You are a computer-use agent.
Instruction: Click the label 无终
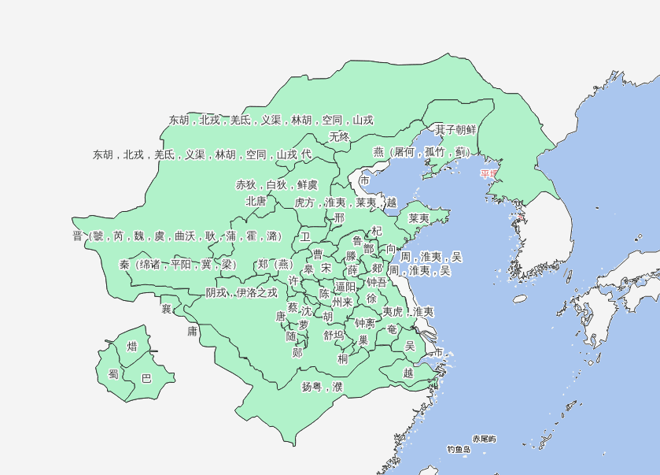click(339, 136)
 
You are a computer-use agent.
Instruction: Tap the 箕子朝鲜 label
click(455, 129)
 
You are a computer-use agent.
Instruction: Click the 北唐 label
click(256, 201)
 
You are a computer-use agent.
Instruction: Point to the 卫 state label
click(305, 236)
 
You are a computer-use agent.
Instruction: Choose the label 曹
click(318, 254)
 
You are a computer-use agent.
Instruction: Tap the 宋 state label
click(326, 269)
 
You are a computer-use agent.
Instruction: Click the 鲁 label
click(357, 240)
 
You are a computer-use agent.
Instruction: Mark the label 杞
click(377, 231)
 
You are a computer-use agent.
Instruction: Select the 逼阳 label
click(345, 287)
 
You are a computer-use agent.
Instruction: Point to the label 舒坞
click(334, 335)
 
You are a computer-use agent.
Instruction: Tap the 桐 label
click(343, 359)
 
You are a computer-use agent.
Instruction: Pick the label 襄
click(166, 308)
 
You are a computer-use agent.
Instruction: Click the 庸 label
click(192, 332)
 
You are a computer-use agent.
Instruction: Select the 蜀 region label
click(113, 375)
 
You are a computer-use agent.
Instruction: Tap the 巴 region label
click(146, 378)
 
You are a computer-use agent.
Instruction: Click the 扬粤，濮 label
click(323, 387)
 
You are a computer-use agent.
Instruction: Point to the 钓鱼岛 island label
click(459, 450)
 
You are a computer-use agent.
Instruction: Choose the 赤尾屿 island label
click(484, 438)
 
